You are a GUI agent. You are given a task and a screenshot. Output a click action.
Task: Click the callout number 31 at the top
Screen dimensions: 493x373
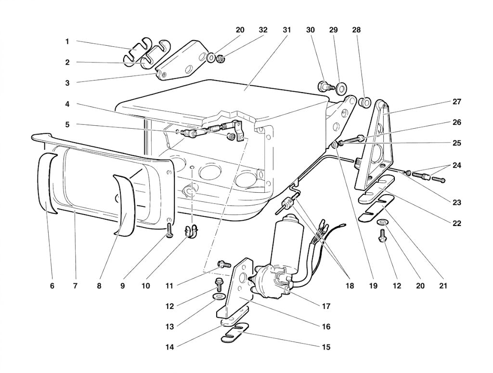[x=286, y=30]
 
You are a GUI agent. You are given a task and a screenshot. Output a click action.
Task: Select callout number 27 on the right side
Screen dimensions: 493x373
[x=456, y=102]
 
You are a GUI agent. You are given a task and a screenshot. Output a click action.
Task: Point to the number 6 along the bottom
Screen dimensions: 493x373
[x=52, y=286]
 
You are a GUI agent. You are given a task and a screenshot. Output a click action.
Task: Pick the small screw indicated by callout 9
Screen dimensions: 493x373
[x=169, y=230]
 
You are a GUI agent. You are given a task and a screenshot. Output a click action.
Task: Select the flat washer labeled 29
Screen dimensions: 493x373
[x=340, y=89]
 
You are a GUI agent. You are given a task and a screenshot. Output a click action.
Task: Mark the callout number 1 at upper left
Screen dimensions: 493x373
[x=67, y=41]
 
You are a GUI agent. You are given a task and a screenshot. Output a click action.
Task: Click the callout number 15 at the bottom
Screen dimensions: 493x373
[x=326, y=347]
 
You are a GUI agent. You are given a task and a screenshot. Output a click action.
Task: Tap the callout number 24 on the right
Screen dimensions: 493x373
[x=456, y=165]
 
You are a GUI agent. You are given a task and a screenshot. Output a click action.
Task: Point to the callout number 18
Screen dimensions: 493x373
[x=350, y=286]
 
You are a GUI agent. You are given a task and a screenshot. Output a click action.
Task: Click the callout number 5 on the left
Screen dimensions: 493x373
[x=67, y=125]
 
